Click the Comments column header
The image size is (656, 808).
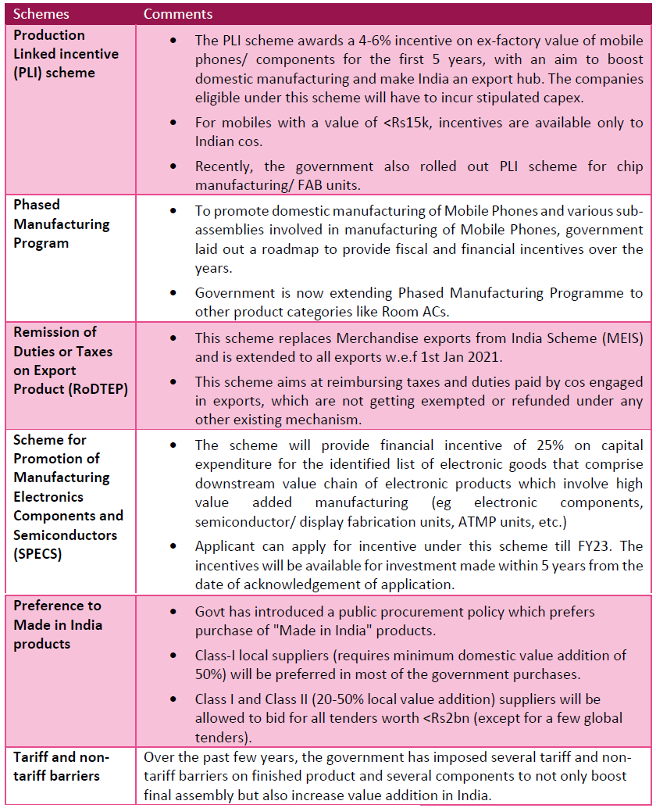[x=178, y=14]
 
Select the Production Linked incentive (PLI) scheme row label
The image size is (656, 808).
[x=66, y=54]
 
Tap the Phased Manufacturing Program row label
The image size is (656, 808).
[x=62, y=223]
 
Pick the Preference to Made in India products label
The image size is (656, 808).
[x=58, y=624]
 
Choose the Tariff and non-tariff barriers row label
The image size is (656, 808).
[x=61, y=766]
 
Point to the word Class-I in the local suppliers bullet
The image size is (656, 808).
[x=217, y=655]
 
